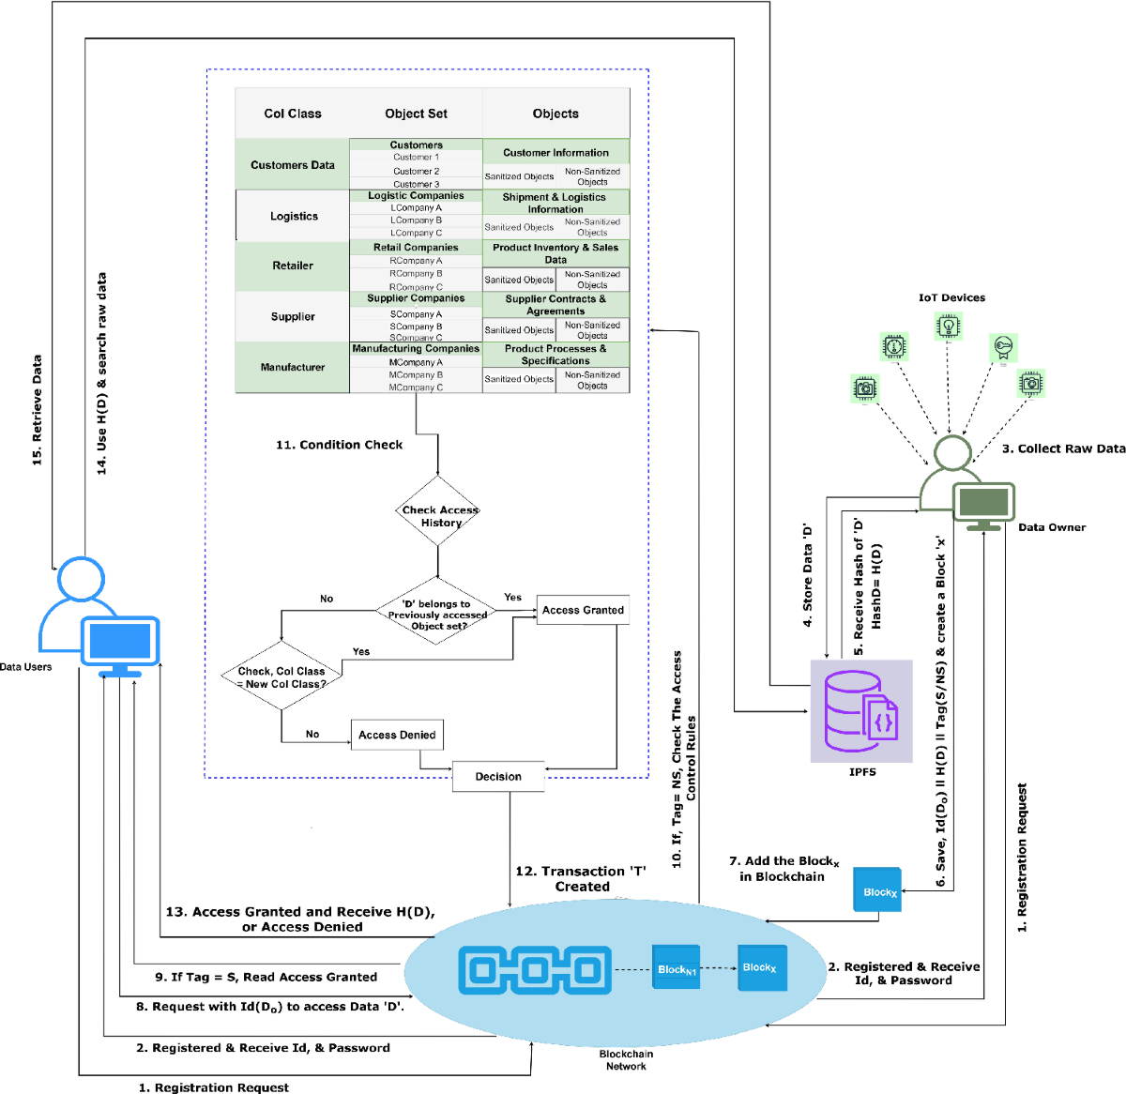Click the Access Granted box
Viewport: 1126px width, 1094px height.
(583, 610)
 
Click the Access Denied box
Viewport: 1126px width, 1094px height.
(397, 735)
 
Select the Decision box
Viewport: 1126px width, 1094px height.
(498, 777)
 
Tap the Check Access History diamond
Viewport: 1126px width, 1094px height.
(439, 515)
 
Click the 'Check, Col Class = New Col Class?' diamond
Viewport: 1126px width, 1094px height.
(281, 676)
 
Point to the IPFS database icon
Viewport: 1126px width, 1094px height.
(861, 711)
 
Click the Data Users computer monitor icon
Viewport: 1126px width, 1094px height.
(120, 645)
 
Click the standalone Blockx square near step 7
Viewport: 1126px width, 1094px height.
(877, 890)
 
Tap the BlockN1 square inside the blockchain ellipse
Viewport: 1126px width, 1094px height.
(677, 968)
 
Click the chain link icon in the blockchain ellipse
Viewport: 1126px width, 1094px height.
(534, 969)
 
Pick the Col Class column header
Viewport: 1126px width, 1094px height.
(293, 114)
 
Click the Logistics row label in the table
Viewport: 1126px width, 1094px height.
(294, 217)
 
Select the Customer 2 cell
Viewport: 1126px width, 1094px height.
(416, 172)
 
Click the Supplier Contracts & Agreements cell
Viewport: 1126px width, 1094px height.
(555, 305)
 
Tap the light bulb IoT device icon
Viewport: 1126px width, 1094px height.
(949, 327)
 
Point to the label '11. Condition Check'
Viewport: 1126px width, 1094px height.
(339, 445)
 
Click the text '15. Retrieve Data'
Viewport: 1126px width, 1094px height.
(38, 410)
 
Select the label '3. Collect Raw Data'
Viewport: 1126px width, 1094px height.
(1063, 448)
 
